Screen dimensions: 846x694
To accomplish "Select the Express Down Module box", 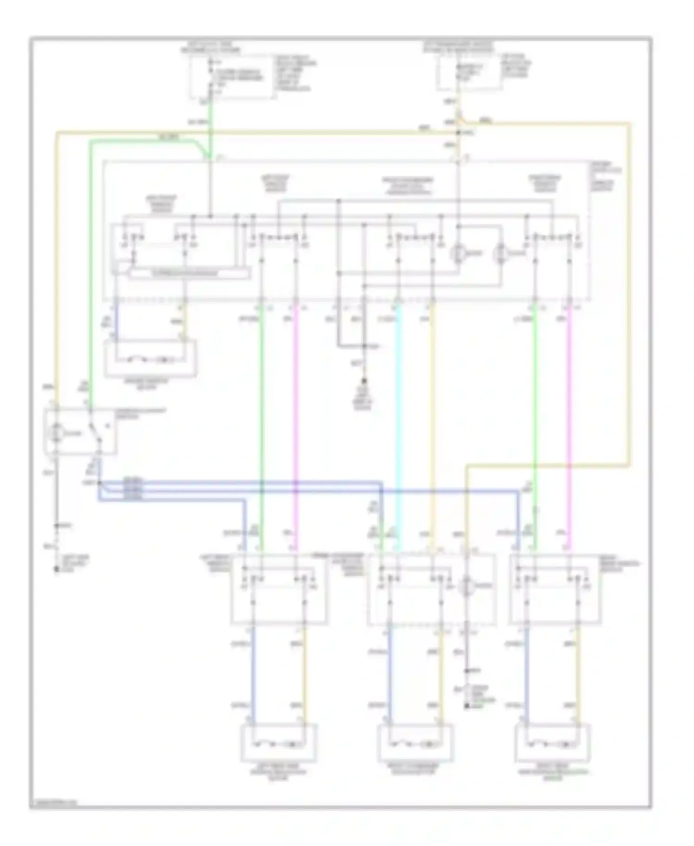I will click(189, 274).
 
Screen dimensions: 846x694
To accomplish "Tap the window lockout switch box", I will click(80, 431).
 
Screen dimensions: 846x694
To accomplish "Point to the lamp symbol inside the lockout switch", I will click(56, 433).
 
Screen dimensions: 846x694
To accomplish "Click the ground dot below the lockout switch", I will click(56, 569).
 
